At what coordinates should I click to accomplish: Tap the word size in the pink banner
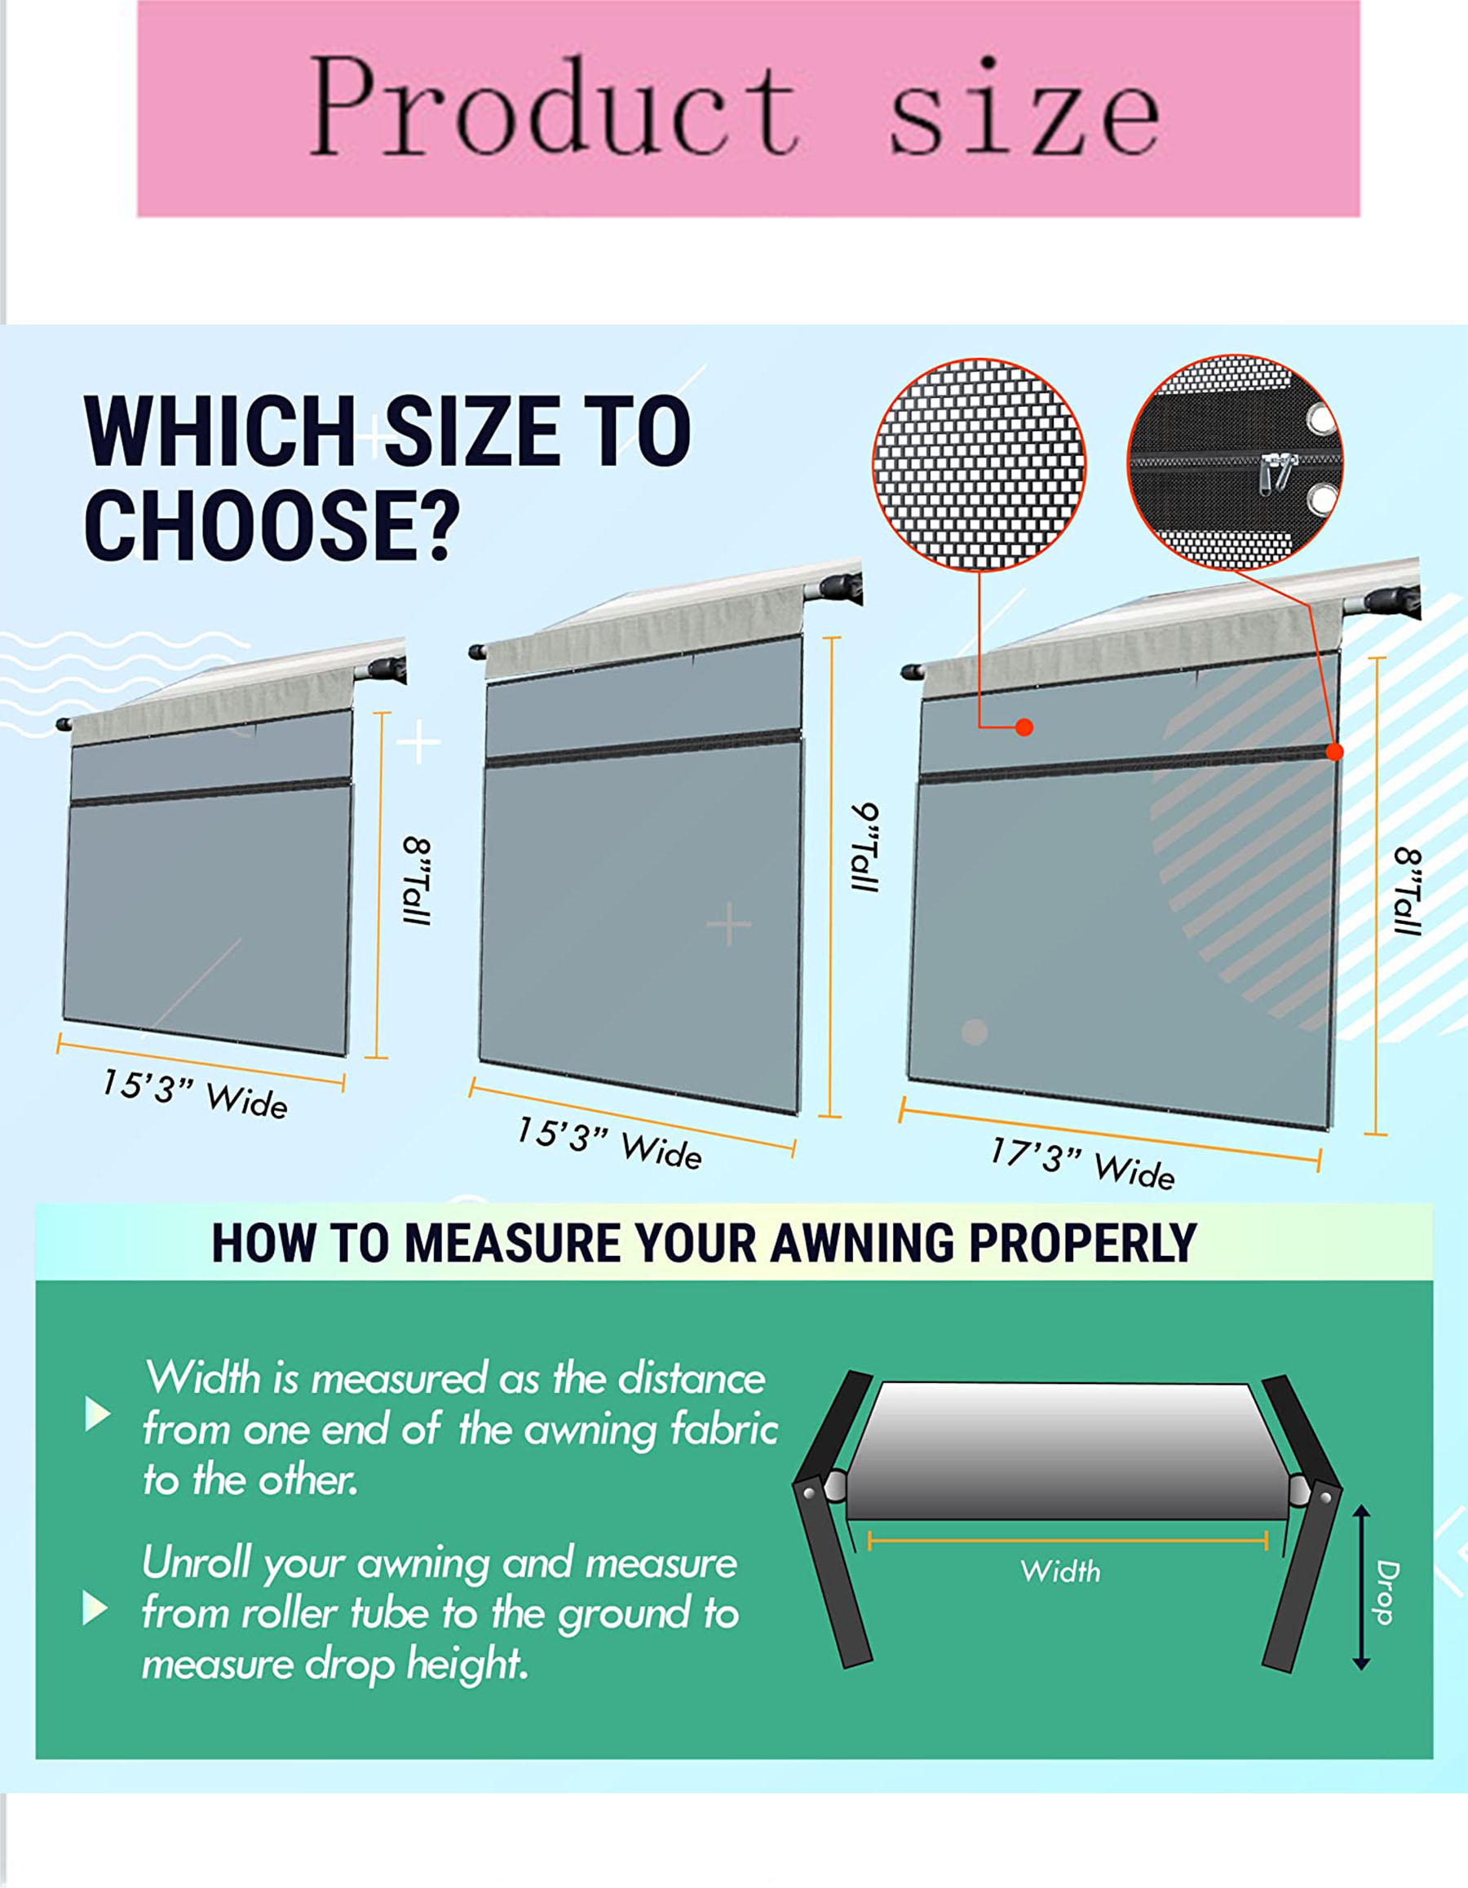[x=1025, y=108]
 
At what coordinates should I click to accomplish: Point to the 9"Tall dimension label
[x=865, y=847]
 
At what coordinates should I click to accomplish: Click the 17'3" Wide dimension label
[x=1082, y=1164]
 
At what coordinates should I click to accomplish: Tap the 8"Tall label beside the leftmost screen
[x=417, y=881]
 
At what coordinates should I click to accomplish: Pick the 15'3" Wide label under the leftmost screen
[x=195, y=1094]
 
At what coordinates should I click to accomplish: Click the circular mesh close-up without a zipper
[x=979, y=465]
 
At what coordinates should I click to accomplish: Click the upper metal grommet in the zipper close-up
[x=1320, y=419]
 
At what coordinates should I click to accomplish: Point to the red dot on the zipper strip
[x=1334, y=752]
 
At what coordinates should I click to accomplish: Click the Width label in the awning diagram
[x=1060, y=1571]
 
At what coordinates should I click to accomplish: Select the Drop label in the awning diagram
[x=1386, y=1592]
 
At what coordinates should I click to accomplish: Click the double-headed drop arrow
[x=1361, y=1587]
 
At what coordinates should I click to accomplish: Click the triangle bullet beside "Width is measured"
[x=98, y=1414]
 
